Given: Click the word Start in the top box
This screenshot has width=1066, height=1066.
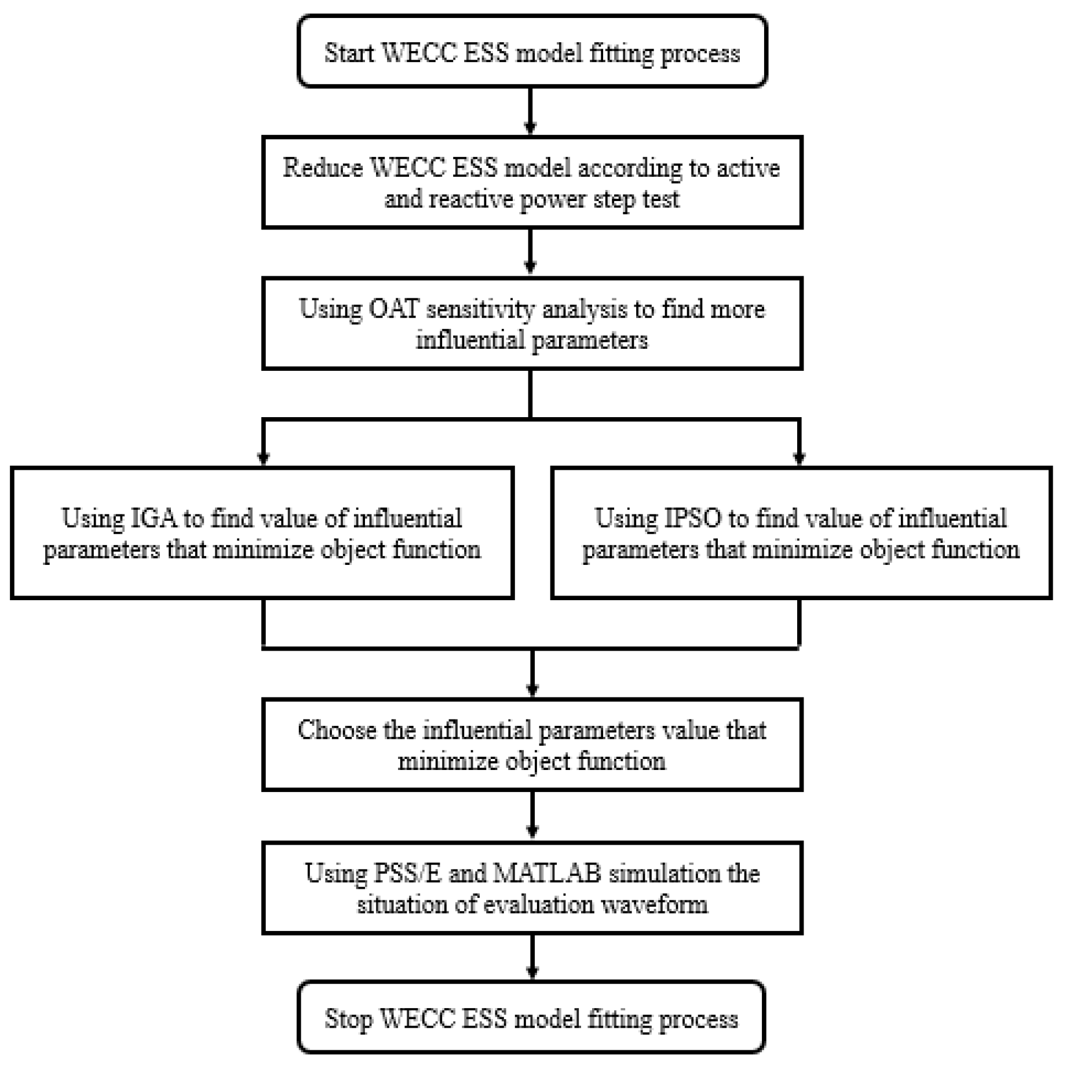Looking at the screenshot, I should pos(348,54).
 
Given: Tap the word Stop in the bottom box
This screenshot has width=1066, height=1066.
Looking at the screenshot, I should pos(348,1018).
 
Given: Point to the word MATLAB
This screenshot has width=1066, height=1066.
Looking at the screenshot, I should pos(547,873).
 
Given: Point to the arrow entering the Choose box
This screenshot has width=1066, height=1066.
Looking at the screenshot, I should pos(532,678).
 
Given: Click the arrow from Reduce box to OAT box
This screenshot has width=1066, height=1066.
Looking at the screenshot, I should pos(531,252).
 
